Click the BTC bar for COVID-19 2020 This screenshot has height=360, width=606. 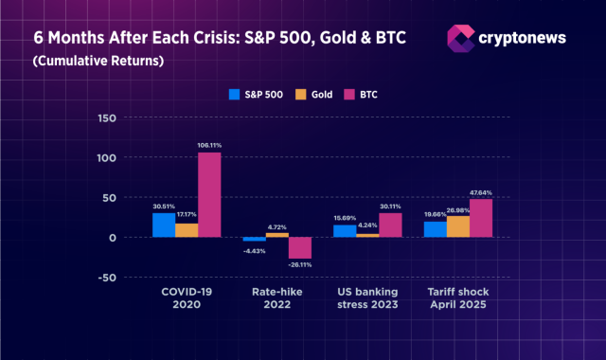coord(209,194)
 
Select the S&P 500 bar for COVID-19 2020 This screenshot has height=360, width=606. coord(164,225)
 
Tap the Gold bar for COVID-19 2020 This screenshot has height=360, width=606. coord(187,229)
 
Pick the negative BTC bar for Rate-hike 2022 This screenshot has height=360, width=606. coord(300,247)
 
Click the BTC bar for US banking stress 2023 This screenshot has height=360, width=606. coord(390,225)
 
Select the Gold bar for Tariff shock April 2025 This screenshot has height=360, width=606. coord(458,226)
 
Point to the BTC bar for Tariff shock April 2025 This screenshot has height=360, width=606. coord(481,218)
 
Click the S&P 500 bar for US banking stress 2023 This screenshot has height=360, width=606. coord(345,230)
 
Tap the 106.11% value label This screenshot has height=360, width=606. coord(209,145)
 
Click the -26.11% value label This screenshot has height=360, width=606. coord(300,265)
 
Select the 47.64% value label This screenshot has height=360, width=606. coord(482,192)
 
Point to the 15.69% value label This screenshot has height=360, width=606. coord(345,218)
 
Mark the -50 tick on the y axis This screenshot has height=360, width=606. coord(107,278)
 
